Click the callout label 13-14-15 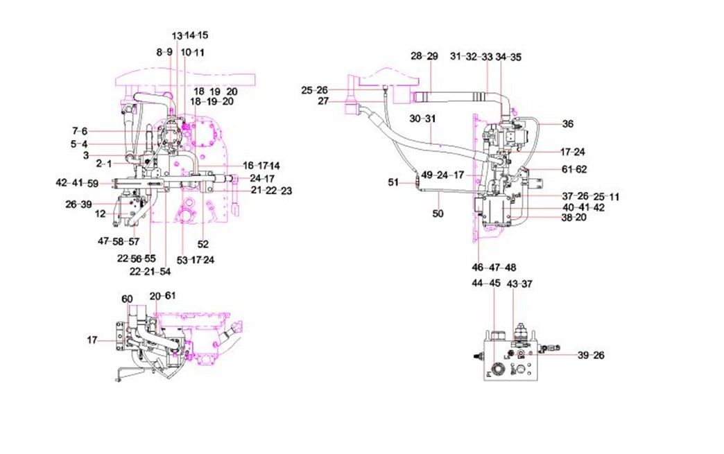pos(189,35)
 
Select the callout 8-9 pos(164,53)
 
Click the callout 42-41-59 pos(77,184)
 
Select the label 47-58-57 pos(118,241)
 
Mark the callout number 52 pos(202,244)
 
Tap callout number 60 pos(127,299)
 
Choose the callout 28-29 pos(424,56)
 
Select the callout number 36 pos(568,125)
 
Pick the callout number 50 pos(438,215)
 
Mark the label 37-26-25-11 pos(590,197)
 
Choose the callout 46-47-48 pos(493,268)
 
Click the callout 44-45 pos(485,283)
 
